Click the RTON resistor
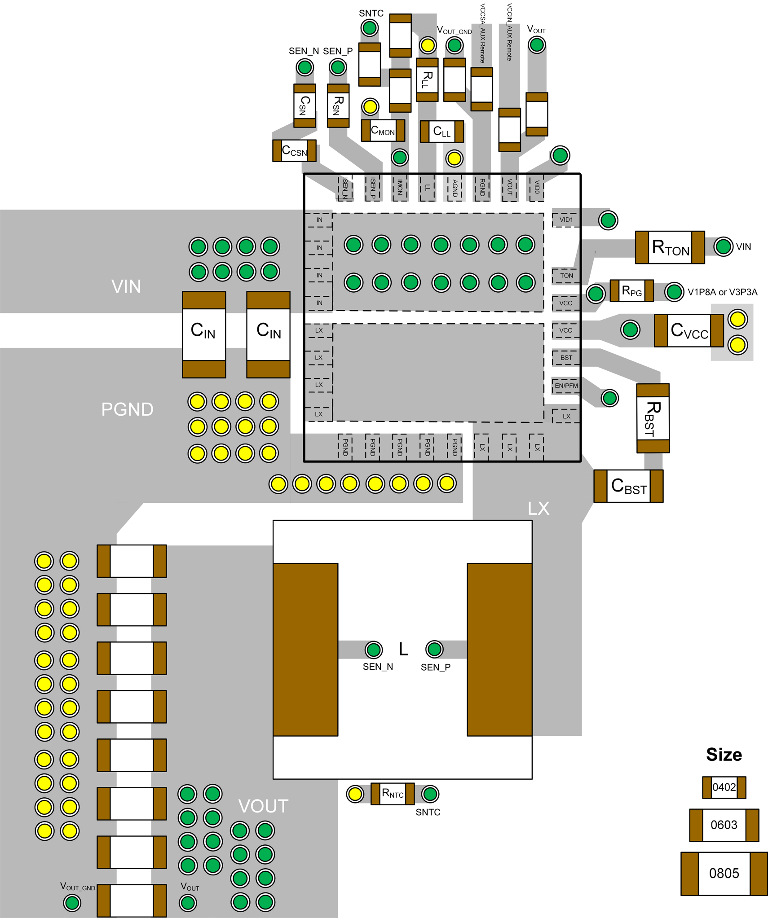(670, 247)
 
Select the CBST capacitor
(628, 486)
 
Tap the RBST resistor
(653, 418)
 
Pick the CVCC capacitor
(689, 330)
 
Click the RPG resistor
(631, 291)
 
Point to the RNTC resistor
(393, 794)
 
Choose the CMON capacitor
(383, 131)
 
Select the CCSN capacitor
(294, 151)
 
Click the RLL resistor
(427, 79)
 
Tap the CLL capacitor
(442, 132)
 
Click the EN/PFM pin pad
(566, 386)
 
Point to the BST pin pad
(566, 358)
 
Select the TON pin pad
(566, 276)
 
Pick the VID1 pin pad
(566, 220)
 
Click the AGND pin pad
(455, 188)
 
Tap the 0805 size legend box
(724, 874)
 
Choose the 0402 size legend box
(724, 787)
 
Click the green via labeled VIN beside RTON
(723, 246)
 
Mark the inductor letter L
(403, 649)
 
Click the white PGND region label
(127, 409)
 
